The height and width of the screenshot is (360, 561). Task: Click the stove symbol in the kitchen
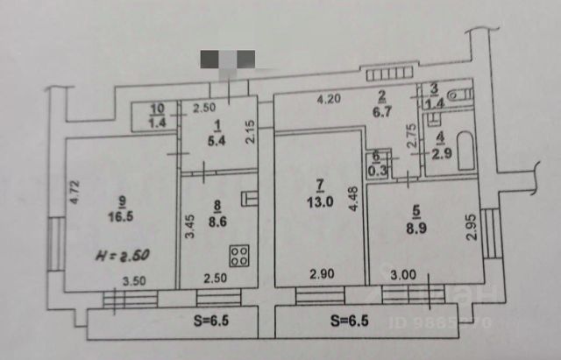[238, 256]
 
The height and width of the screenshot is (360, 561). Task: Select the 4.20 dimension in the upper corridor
[330, 99]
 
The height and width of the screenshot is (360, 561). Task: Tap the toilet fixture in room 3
[456, 92]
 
